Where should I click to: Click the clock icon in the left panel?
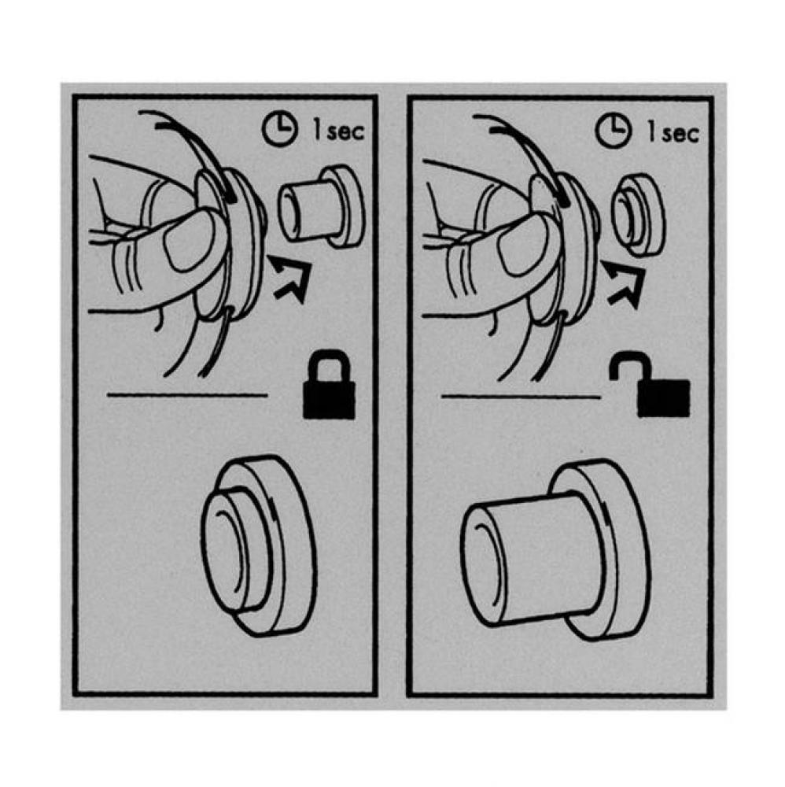[x=275, y=131]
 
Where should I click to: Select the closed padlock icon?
[x=329, y=391]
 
